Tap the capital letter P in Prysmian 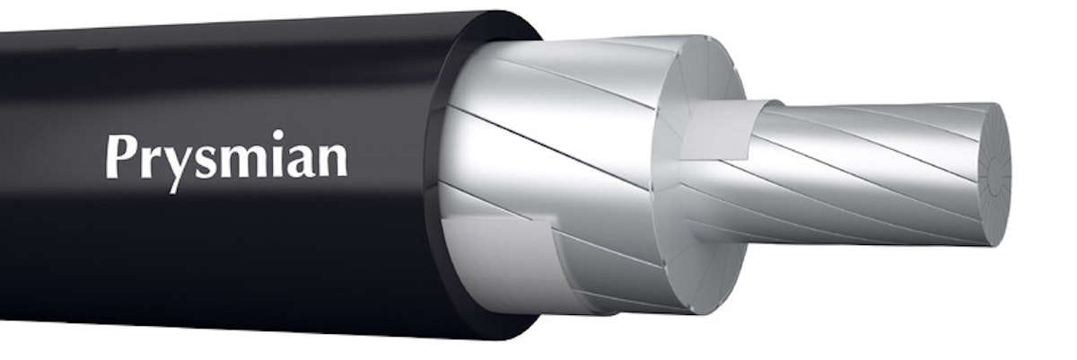coord(119,158)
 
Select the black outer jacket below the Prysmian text coord(224,260)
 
